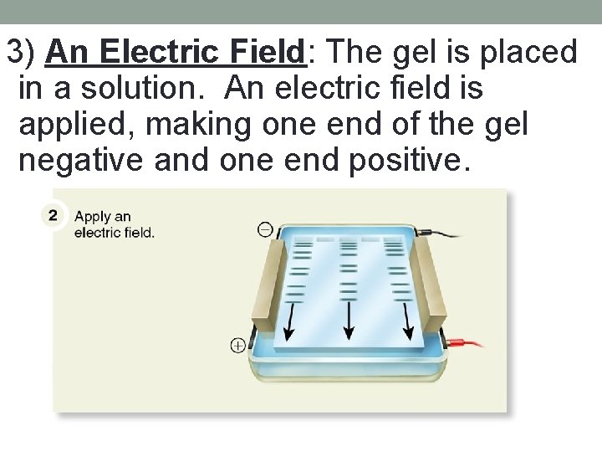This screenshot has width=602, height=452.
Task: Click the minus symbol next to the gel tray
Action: tap(265, 229)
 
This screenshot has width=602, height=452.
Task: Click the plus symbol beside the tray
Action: tap(237, 344)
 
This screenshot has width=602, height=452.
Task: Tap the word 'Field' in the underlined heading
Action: tap(263, 52)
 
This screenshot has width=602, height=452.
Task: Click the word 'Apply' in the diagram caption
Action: tap(93, 217)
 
